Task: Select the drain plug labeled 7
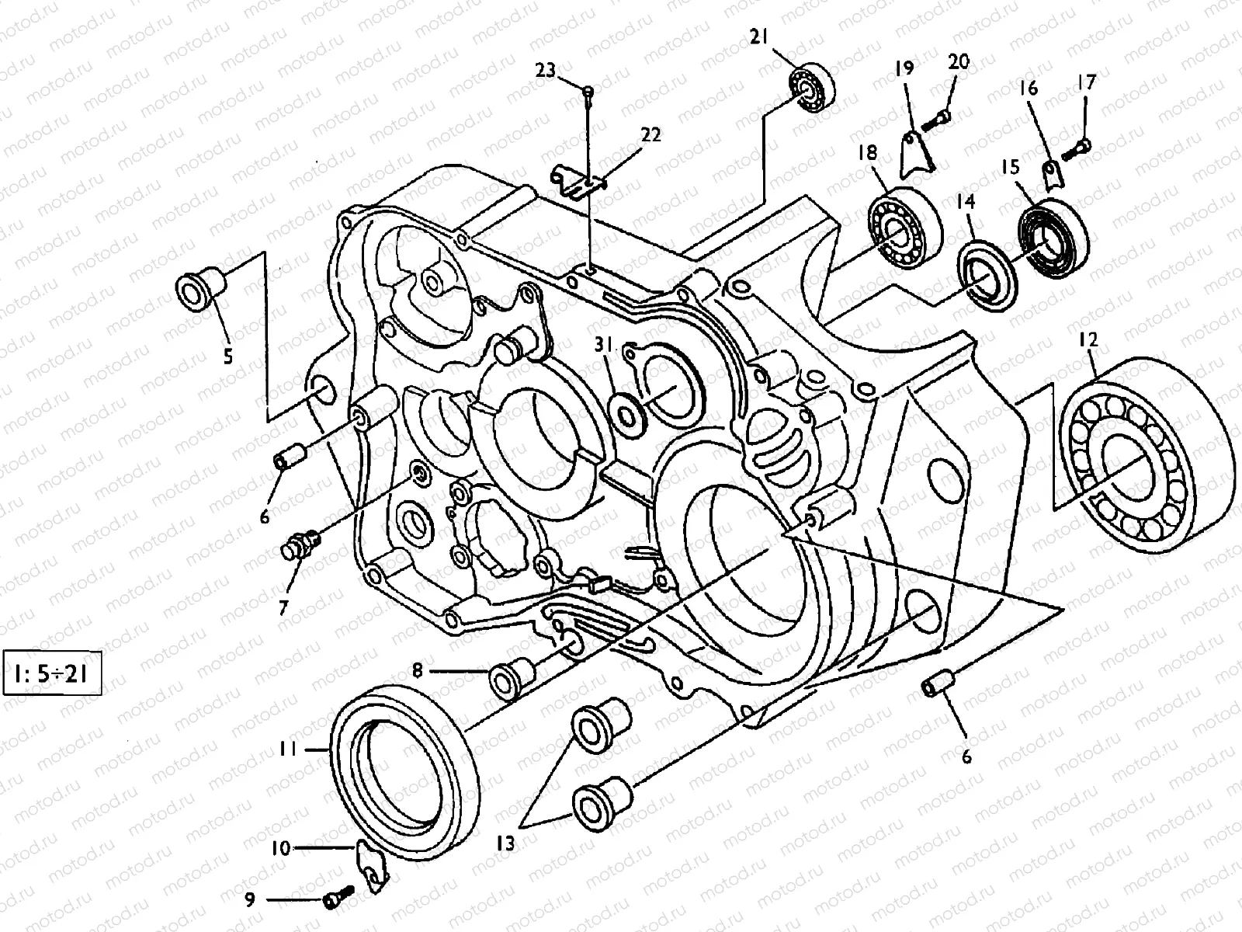point(299,545)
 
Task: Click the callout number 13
point(505,843)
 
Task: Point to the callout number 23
point(546,71)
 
